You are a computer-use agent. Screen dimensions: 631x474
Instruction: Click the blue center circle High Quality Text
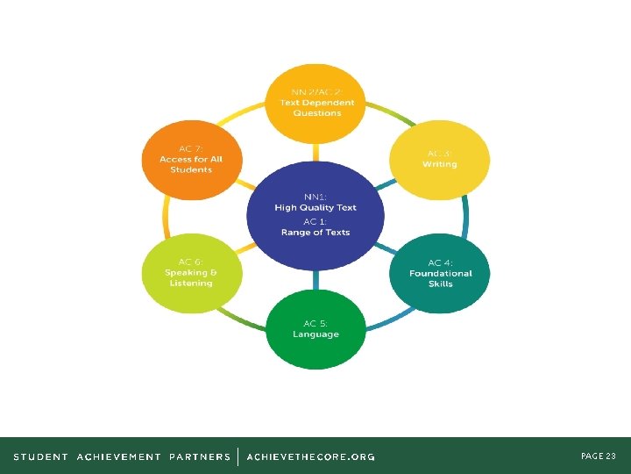click(315, 216)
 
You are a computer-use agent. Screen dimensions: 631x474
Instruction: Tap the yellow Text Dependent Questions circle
click(315, 104)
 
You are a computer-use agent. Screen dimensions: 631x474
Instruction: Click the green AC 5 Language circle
click(315, 329)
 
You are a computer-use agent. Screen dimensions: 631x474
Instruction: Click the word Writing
click(439, 164)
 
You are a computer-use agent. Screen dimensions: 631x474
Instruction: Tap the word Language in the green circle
click(315, 334)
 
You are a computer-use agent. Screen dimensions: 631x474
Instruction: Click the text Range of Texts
click(315, 233)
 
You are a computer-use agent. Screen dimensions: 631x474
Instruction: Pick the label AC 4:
click(440, 262)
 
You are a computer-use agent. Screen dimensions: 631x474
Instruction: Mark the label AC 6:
click(190, 262)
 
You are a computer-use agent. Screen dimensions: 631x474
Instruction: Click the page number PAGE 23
click(599, 456)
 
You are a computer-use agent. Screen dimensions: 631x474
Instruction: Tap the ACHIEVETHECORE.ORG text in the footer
click(311, 456)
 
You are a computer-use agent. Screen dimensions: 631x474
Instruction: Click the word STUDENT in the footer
click(40, 456)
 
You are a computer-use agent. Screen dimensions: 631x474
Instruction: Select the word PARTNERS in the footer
click(200, 456)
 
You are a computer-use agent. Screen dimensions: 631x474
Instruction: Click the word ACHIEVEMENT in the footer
click(119, 456)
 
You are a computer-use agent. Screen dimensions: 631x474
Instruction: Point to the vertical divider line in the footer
click(238, 456)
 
